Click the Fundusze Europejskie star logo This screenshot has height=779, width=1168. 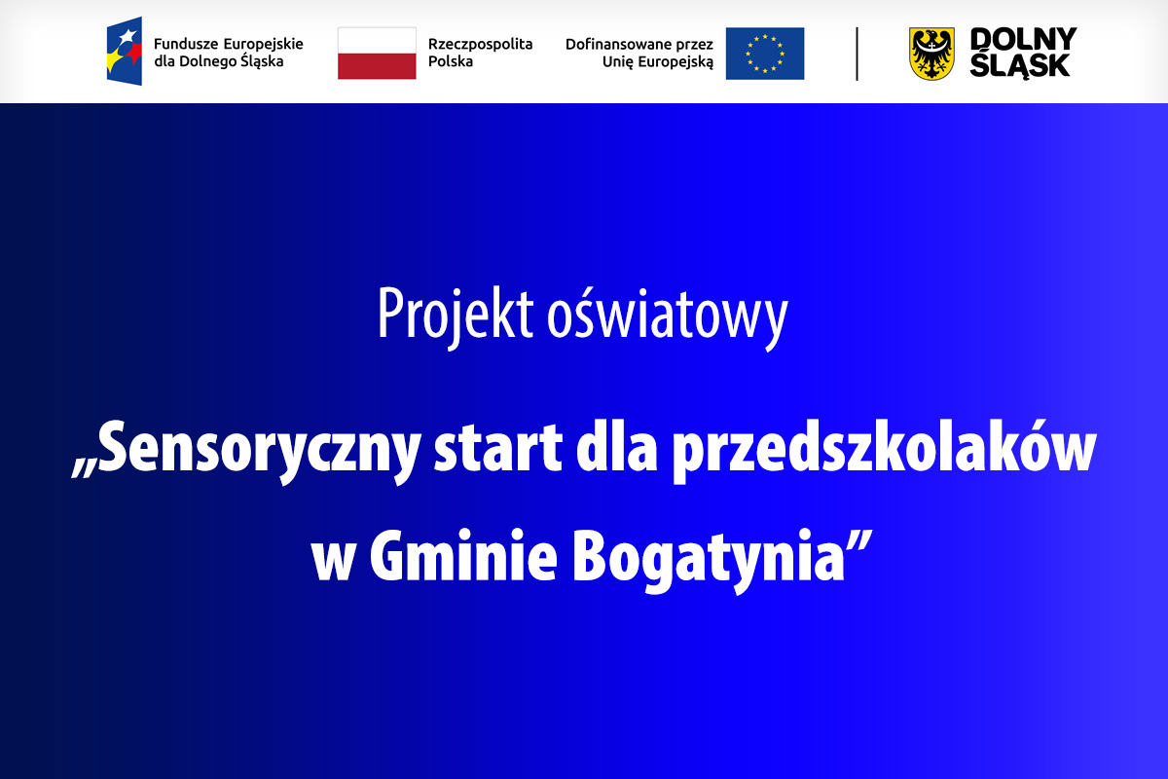coord(125,52)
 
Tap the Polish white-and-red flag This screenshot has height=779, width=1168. coord(377,54)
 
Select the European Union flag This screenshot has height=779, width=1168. coord(765,54)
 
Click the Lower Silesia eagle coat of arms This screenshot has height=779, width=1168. coord(931,54)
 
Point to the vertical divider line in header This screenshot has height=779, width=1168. coord(857,54)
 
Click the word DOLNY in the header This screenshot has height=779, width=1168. coord(1023,39)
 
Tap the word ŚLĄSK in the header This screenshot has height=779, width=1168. coord(1020,65)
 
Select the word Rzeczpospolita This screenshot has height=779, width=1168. coord(480,45)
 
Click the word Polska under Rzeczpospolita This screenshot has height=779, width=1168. coord(451,61)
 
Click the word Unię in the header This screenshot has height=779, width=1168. coord(618,62)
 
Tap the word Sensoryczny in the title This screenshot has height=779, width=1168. coord(246,451)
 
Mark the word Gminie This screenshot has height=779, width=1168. coord(463,556)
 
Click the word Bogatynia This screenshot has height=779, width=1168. coord(709,561)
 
